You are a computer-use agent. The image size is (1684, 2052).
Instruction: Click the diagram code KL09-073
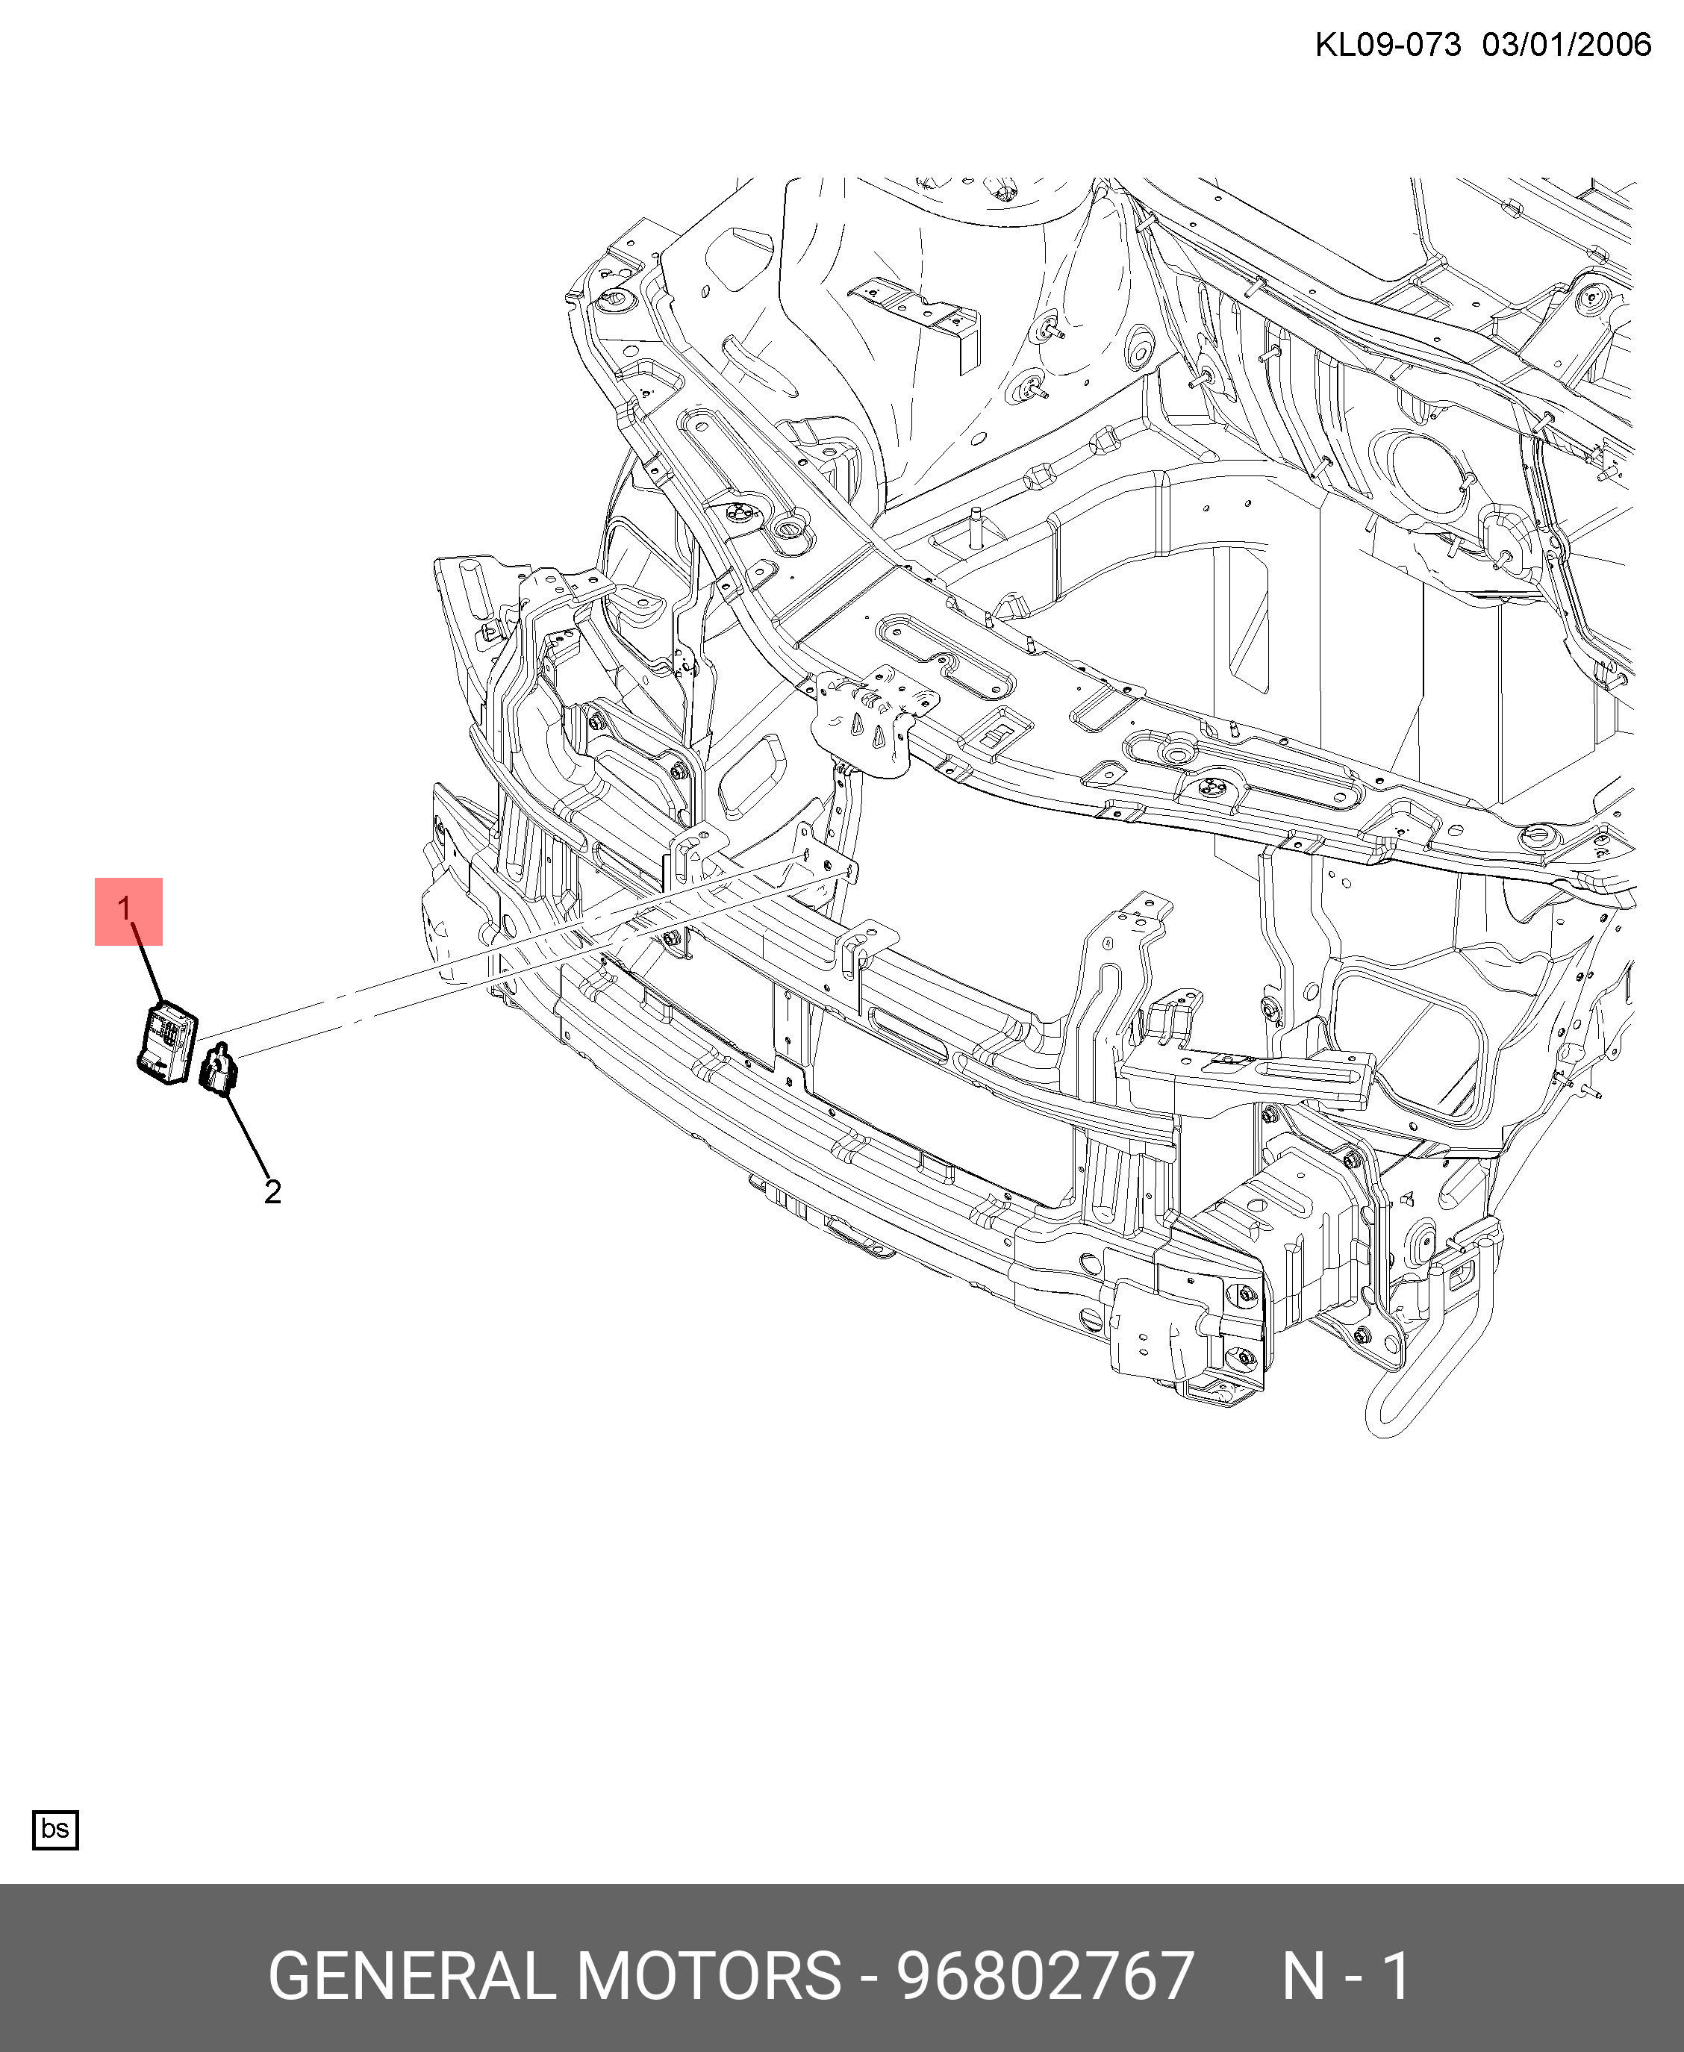(1387, 45)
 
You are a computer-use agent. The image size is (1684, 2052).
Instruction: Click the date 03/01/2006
(1567, 45)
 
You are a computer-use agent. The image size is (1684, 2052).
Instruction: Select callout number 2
(272, 1191)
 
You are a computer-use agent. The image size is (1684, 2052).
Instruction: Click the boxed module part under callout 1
(167, 1042)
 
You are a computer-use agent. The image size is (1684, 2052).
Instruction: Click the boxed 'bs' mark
(55, 1829)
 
